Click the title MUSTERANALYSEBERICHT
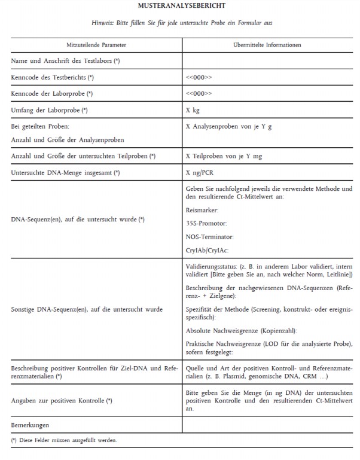click(x=180, y=6)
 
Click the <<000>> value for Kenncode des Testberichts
click(x=199, y=78)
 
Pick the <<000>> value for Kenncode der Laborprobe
click(x=199, y=94)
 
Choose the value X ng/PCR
click(x=200, y=173)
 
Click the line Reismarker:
click(x=202, y=211)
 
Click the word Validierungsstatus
click(x=210, y=265)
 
